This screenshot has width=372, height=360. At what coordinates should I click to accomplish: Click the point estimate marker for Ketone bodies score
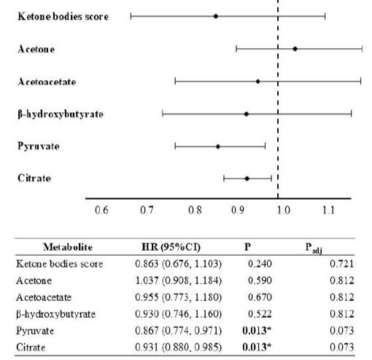[215, 16]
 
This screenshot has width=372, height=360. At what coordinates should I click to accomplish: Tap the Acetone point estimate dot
[295, 49]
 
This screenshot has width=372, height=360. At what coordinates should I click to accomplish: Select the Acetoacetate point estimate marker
[257, 82]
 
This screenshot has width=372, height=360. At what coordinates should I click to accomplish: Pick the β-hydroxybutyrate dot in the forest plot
[247, 114]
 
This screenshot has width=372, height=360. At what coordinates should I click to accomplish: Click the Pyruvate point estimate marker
[218, 146]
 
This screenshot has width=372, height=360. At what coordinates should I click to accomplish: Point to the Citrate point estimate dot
[247, 179]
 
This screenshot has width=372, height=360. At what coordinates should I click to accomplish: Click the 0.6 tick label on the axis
[101, 210]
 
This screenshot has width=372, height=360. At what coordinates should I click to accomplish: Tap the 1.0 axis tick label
[284, 210]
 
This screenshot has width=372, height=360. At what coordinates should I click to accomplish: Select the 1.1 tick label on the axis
[328, 210]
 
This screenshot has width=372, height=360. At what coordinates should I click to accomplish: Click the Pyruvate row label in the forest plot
[39, 146]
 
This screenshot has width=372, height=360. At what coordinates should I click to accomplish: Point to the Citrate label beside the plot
[34, 179]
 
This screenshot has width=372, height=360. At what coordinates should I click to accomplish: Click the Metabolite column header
[68, 247]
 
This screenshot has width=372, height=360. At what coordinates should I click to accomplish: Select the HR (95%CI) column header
[171, 247]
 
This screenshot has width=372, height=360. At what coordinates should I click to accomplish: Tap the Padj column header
[314, 248]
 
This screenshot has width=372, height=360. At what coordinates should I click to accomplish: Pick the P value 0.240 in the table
[260, 264]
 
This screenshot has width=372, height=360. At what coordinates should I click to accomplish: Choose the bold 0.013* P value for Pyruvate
[257, 330]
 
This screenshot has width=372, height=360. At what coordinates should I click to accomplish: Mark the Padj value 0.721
[341, 264]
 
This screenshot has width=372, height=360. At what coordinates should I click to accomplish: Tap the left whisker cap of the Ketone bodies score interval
[131, 16]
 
